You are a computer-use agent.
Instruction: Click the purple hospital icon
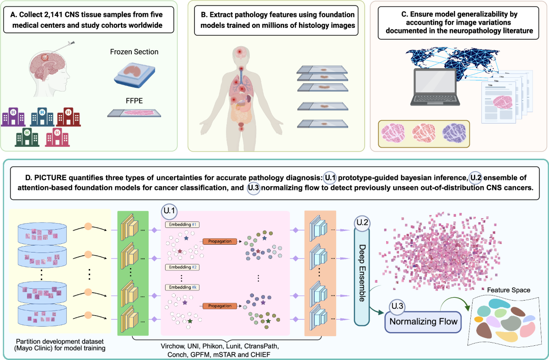tap(12, 116)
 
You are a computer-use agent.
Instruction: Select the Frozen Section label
tap(134, 52)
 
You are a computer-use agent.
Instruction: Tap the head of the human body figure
tap(239, 53)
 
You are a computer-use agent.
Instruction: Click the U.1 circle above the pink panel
tap(168, 212)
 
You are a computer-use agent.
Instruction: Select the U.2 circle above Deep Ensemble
tap(362, 224)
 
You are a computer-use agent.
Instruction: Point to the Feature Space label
tap(508, 290)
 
